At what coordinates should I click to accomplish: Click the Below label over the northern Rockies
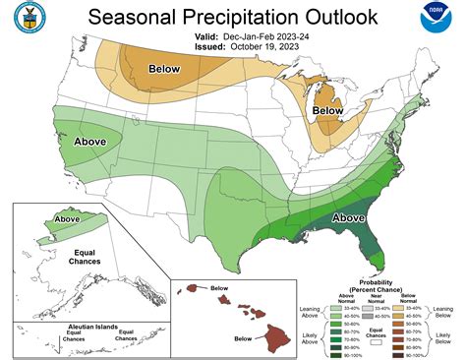coord(164,69)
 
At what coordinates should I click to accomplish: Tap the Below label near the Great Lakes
coord(327,112)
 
